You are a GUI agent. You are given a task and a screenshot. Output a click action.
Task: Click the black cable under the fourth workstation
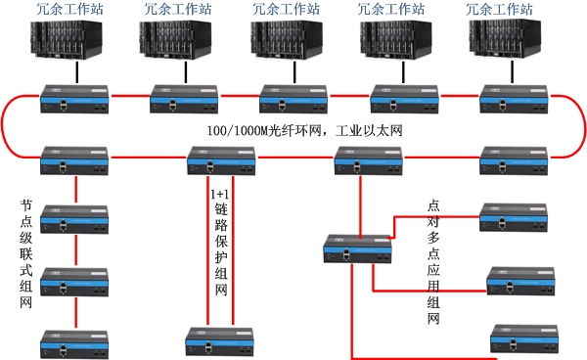pyautogui.click(x=402, y=73)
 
